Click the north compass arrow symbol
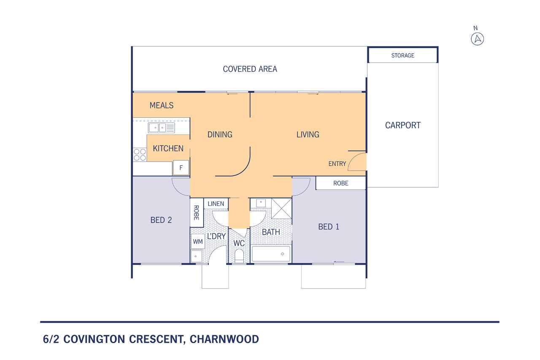coord(477,39)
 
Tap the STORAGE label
coord(402,55)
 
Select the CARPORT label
coord(402,125)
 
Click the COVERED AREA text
coord(250,69)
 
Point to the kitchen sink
coord(161,127)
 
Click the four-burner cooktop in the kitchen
coord(140,154)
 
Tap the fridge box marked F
coord(181,168)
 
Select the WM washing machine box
coord(198,241)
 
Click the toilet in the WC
coord(239,256)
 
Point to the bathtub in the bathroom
coord(271,254)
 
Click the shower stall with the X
coord(281,208)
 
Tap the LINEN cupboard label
coord(216,204)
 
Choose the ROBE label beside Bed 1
coord(340,183)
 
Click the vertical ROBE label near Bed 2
coord(197,213)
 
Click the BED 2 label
coord(161,220)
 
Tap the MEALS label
coord(162,106)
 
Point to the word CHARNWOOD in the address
coord(224,339)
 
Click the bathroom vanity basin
coord(261,203)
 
